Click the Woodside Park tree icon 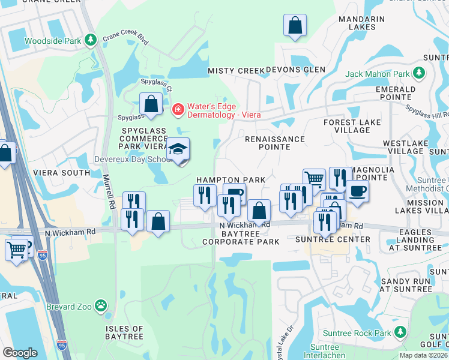(x=91, y=41)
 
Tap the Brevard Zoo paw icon (x=101, y=307)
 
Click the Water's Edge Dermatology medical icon (x=178, y=109)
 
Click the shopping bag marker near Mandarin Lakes (x=295, y=26)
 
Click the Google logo (x=20, y=353)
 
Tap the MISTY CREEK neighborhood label (x=236, y=71)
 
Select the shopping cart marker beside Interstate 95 (x=16, y=249)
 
